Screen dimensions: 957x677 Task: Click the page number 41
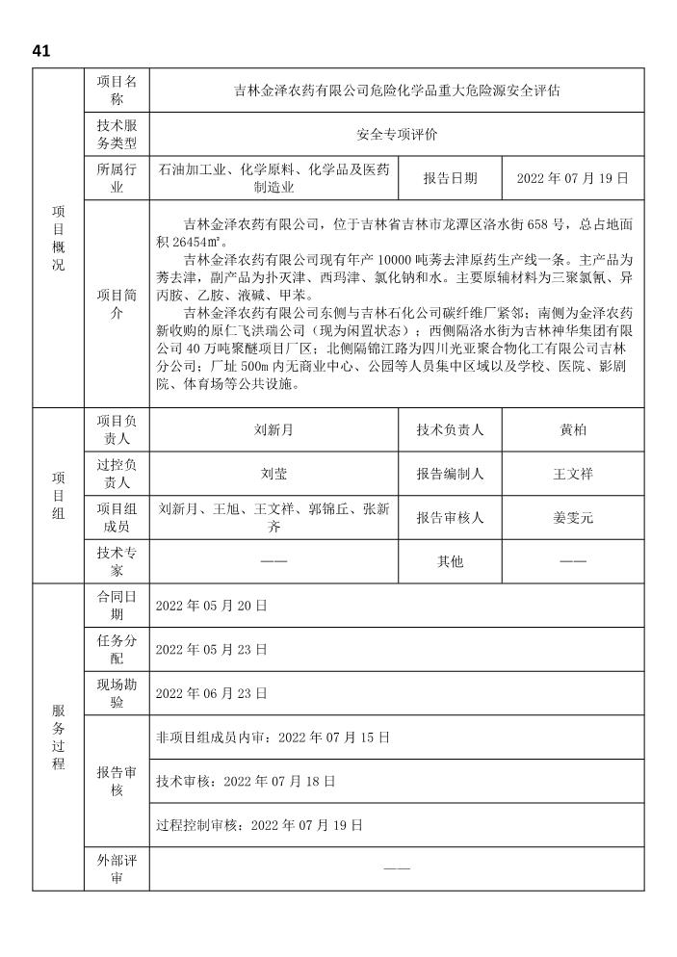(40, 51)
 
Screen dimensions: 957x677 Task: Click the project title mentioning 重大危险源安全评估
(398, 91)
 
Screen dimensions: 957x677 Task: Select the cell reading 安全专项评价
(398, 136)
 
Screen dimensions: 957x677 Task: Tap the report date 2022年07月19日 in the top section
(573, 179)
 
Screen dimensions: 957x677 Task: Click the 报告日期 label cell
(450, 179)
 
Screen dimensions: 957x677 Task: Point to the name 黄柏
(573, 430)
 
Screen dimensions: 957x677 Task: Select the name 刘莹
(274, 474)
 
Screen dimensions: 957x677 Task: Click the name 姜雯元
(573, 518)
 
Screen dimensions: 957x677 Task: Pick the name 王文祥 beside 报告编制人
(573, 474)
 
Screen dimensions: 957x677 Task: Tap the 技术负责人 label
(450, 430)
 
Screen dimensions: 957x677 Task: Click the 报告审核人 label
(450, 518)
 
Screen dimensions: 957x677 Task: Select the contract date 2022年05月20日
(211, 606)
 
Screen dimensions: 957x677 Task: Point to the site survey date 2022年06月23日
(211, 693)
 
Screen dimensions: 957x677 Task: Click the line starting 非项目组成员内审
(273, 737)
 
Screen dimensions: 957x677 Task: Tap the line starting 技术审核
(246, 782)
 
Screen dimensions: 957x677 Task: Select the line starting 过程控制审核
(259, 825)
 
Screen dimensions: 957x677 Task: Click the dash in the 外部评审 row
(397, 868)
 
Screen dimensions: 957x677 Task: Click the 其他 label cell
(450, 561)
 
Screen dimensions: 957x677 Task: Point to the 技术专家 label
(117, 561)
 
